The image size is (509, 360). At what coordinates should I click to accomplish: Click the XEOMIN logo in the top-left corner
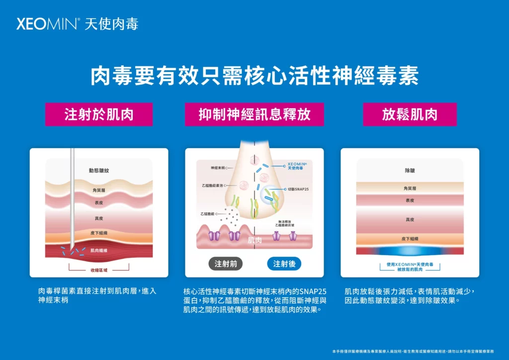(x=77, y=23)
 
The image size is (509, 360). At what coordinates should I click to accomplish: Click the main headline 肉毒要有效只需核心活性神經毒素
(x=254, y=76)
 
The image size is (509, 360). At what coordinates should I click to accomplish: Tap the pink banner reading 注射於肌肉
(x=99, y=114)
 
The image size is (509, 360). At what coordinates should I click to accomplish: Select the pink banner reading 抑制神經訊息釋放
(x=254, y=114)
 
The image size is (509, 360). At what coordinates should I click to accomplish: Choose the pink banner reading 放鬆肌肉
(x=410, y=114)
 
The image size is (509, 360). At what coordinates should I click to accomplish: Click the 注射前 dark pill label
(x=225, y=264)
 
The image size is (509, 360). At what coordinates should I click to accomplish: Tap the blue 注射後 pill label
(x=284, y=264)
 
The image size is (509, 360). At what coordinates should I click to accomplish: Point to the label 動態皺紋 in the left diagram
(x=99, y=171)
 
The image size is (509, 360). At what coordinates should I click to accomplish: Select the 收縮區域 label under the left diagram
(x=99, y=270)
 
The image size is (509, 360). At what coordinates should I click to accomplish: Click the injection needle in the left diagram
(x=73, y=199)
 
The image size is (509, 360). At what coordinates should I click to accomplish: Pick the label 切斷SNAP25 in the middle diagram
(x=298, y=189)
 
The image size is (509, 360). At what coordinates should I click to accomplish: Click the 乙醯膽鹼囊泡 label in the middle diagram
(x=214, y=185)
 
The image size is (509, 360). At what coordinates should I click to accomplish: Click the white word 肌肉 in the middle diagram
(x=254, y=241)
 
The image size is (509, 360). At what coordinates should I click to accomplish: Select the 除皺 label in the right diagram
(x=410, y=171)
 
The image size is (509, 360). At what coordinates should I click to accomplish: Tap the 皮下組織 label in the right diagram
(x=410, y=239)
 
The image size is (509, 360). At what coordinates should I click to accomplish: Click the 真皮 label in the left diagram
(x=99, y=218)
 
